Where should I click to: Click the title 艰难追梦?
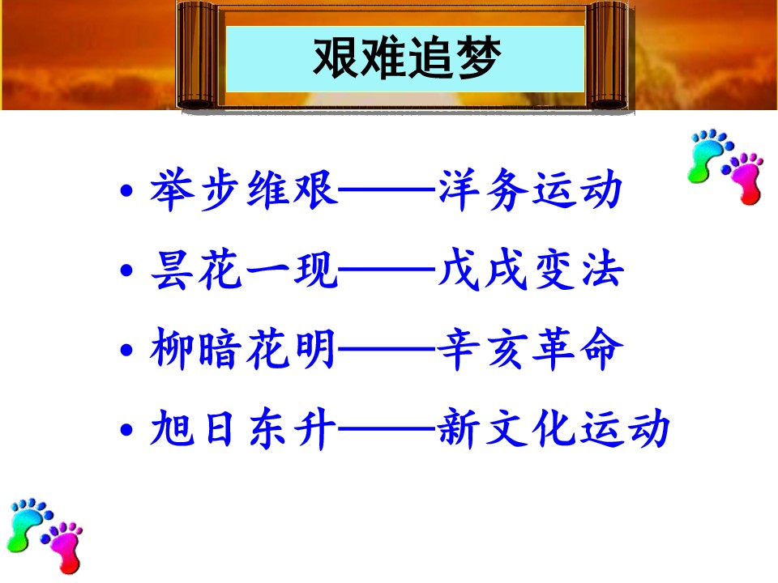[x=407, y=58]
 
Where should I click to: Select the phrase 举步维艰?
[x=244, y=189]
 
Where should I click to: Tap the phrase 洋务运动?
[x=530, y=189]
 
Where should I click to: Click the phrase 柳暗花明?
[x=243, y=349]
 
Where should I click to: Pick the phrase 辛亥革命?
[x=530, y=349]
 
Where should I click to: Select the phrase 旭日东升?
[x=243, y=429]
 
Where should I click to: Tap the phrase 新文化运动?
[x=554, y=429]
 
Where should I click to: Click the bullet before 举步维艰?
[x=127, y=190]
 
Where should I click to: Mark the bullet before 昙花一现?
[x=127, y=270]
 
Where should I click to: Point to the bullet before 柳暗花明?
[x=127, y=350]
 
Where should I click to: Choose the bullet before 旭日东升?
[x=127, y=430]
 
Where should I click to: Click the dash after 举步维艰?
[x=387, y=189]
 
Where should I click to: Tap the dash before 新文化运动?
[x=387, y=429]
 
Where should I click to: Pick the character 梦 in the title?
[x=478, y=58]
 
